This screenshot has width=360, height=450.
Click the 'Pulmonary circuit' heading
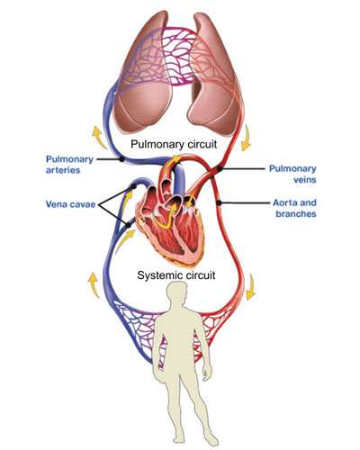[x=174, y=144]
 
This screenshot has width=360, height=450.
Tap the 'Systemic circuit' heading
[x=176, y=275]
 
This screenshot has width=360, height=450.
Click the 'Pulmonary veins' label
[x=292, y=174]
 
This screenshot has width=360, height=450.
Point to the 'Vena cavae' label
[x=70, y=204]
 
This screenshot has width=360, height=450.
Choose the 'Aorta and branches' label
[x=294, y=208]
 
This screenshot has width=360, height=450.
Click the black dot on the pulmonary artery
[x=121, y=159]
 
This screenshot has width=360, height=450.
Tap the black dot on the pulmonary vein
[x=220, y=169]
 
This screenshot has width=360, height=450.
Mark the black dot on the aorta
[x=220, y=203]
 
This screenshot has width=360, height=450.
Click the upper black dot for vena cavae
[x=134, y=186]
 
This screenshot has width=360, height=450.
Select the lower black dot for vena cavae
[x=129, y=225]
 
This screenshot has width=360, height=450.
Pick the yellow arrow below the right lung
[x=247, y=138]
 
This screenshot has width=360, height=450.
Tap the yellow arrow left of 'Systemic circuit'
[x=94, y=285]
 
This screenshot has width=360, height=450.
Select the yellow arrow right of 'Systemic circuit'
[x=251, y=287]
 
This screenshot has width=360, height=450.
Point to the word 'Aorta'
[x=284, y=202]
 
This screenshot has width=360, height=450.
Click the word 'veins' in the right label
[x=304, y=179]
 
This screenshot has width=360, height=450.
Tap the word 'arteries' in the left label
[x=63, y=170]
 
